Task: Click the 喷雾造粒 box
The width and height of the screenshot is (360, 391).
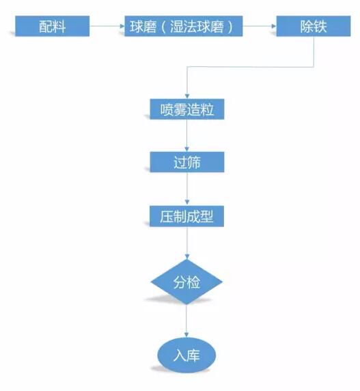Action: (x=186, y=110)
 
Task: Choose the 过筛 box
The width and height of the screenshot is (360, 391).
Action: (x=186, y=162)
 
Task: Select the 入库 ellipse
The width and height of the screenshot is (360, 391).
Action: (x=186, y=355)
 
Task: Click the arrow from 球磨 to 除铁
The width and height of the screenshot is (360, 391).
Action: (x=260, y=28)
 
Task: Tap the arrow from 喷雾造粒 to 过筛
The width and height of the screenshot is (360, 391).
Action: (x=186, y=136)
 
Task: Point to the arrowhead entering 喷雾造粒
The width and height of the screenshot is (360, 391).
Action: (x=186, y=96)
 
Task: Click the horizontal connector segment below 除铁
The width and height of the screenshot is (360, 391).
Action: (x=249, y=66)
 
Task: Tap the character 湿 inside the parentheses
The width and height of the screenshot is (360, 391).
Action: (x=177, y=28)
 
